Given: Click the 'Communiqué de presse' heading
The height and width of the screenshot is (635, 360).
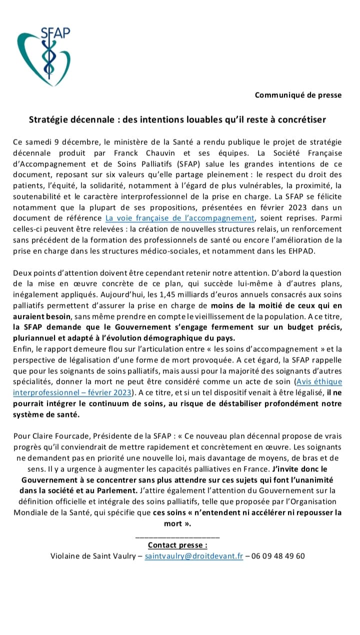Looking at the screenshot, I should click(298, 95).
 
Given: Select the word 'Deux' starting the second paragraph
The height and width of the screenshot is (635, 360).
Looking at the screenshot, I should click(23, 273).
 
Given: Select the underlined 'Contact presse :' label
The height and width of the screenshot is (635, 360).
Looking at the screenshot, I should click(177, 545).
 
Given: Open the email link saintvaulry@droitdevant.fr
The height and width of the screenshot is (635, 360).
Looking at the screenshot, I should click(194, 556).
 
